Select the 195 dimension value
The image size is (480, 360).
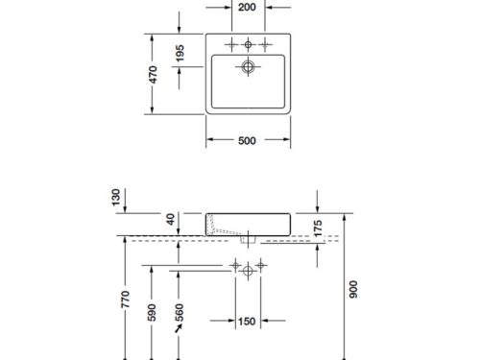[180, 54]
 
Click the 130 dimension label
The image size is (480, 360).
[117, 199]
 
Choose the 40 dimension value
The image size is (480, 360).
[173, 220]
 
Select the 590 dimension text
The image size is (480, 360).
[151, 316]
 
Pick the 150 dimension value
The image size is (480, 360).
[248, 321]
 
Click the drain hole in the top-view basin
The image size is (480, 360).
[248, 67]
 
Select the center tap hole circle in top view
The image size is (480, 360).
[248, 43]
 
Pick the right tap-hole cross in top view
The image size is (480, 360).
[265, 43]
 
